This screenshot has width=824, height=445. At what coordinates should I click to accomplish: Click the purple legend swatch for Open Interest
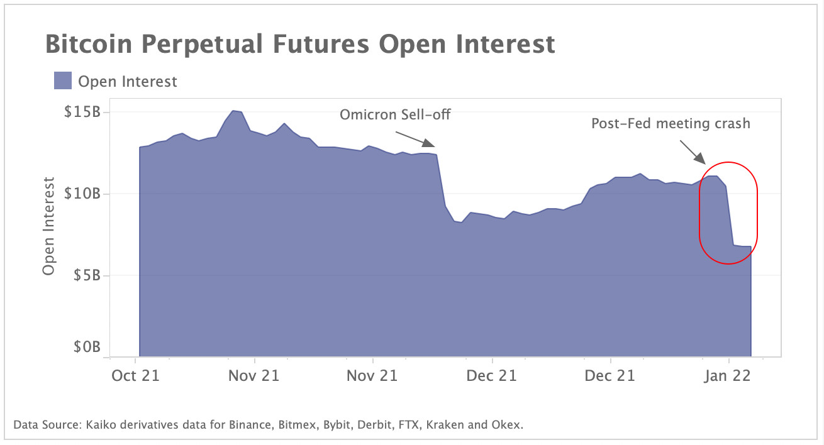(62, 80)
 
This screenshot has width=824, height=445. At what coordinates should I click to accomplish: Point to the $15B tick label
(83, 113)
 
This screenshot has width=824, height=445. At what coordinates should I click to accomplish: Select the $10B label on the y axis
(83, 194)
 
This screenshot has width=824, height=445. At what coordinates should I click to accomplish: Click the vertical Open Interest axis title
(49, 226)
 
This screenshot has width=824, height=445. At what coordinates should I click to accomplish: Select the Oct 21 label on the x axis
(135, 376)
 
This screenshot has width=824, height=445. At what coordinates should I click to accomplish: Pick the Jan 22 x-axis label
(729, 376)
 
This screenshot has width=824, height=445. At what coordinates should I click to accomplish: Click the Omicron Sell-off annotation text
(395, 115)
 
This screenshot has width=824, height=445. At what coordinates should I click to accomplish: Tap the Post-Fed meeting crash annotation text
(671, 123)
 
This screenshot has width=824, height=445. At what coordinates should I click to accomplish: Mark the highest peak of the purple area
(233, 111)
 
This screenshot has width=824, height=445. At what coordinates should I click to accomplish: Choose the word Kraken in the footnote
(445, 425)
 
